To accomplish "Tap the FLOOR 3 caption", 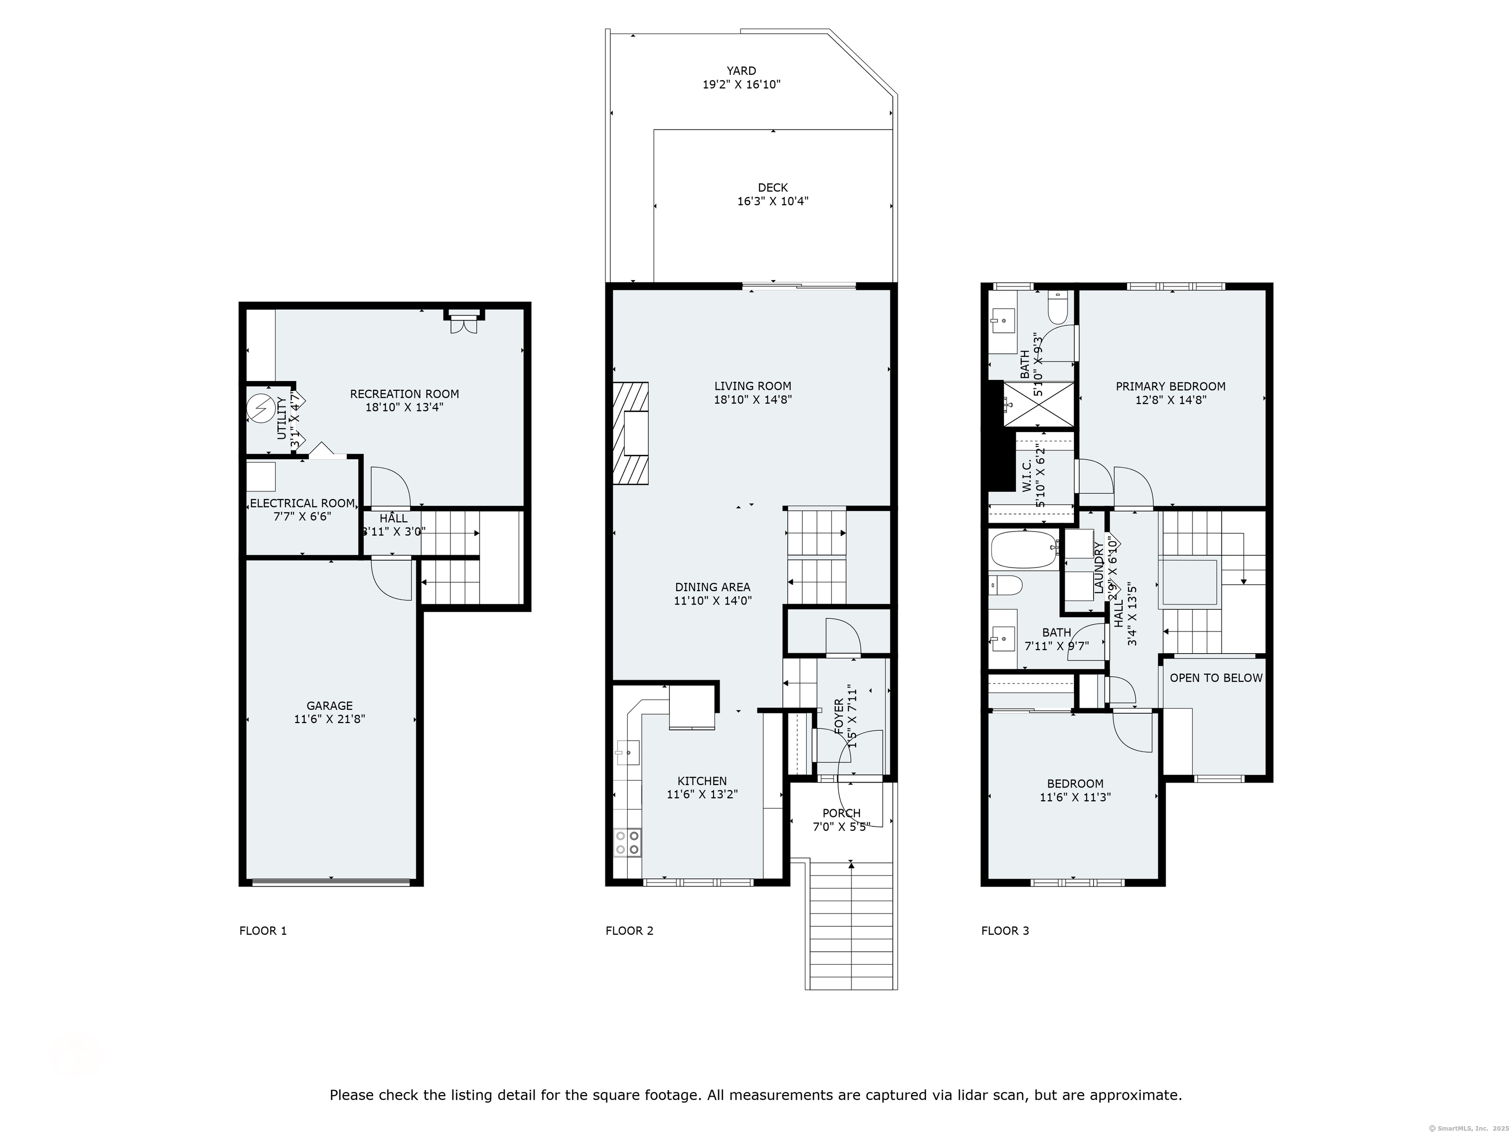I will click(1005, 930).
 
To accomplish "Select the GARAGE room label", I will click(329, 705).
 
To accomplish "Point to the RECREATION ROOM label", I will click(404, 394).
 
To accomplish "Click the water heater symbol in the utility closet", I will click(260, 409).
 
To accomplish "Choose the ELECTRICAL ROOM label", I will click(302, 503).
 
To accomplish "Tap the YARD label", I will click(741, 70).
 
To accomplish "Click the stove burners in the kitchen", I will click(628, 842).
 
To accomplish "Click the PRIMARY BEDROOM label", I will click(1170, 386).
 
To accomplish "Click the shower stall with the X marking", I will click(1038, 404).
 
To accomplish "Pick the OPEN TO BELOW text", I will click(1216, 678).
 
